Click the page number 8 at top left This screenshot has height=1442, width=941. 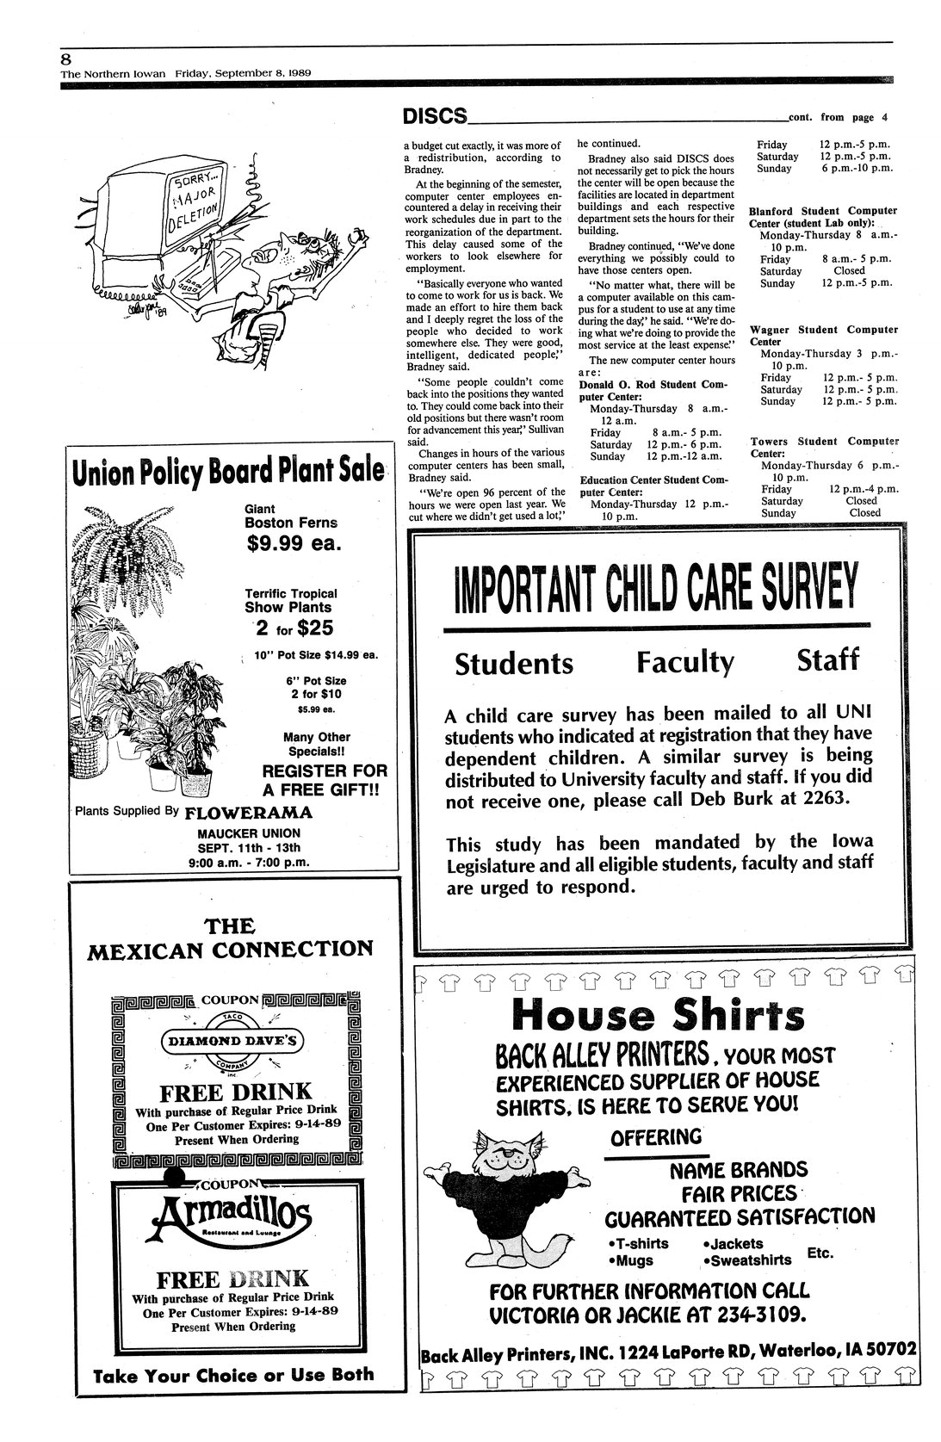(x=66, y=59)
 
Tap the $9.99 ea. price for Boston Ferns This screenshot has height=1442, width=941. (x=294, y=543)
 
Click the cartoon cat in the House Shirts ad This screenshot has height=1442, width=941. (x=513, y=1196)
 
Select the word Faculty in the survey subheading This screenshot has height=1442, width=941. (x=685, y=662)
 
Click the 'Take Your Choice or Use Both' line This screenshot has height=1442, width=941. (x=234, y=1375)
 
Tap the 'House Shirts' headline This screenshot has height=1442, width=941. (x=659, y=1015)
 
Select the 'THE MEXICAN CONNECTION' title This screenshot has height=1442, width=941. (x=231, y=938)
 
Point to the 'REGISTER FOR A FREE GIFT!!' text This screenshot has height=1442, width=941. (x=324, y=779)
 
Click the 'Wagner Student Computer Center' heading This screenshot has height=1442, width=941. (x=811, y=335)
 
